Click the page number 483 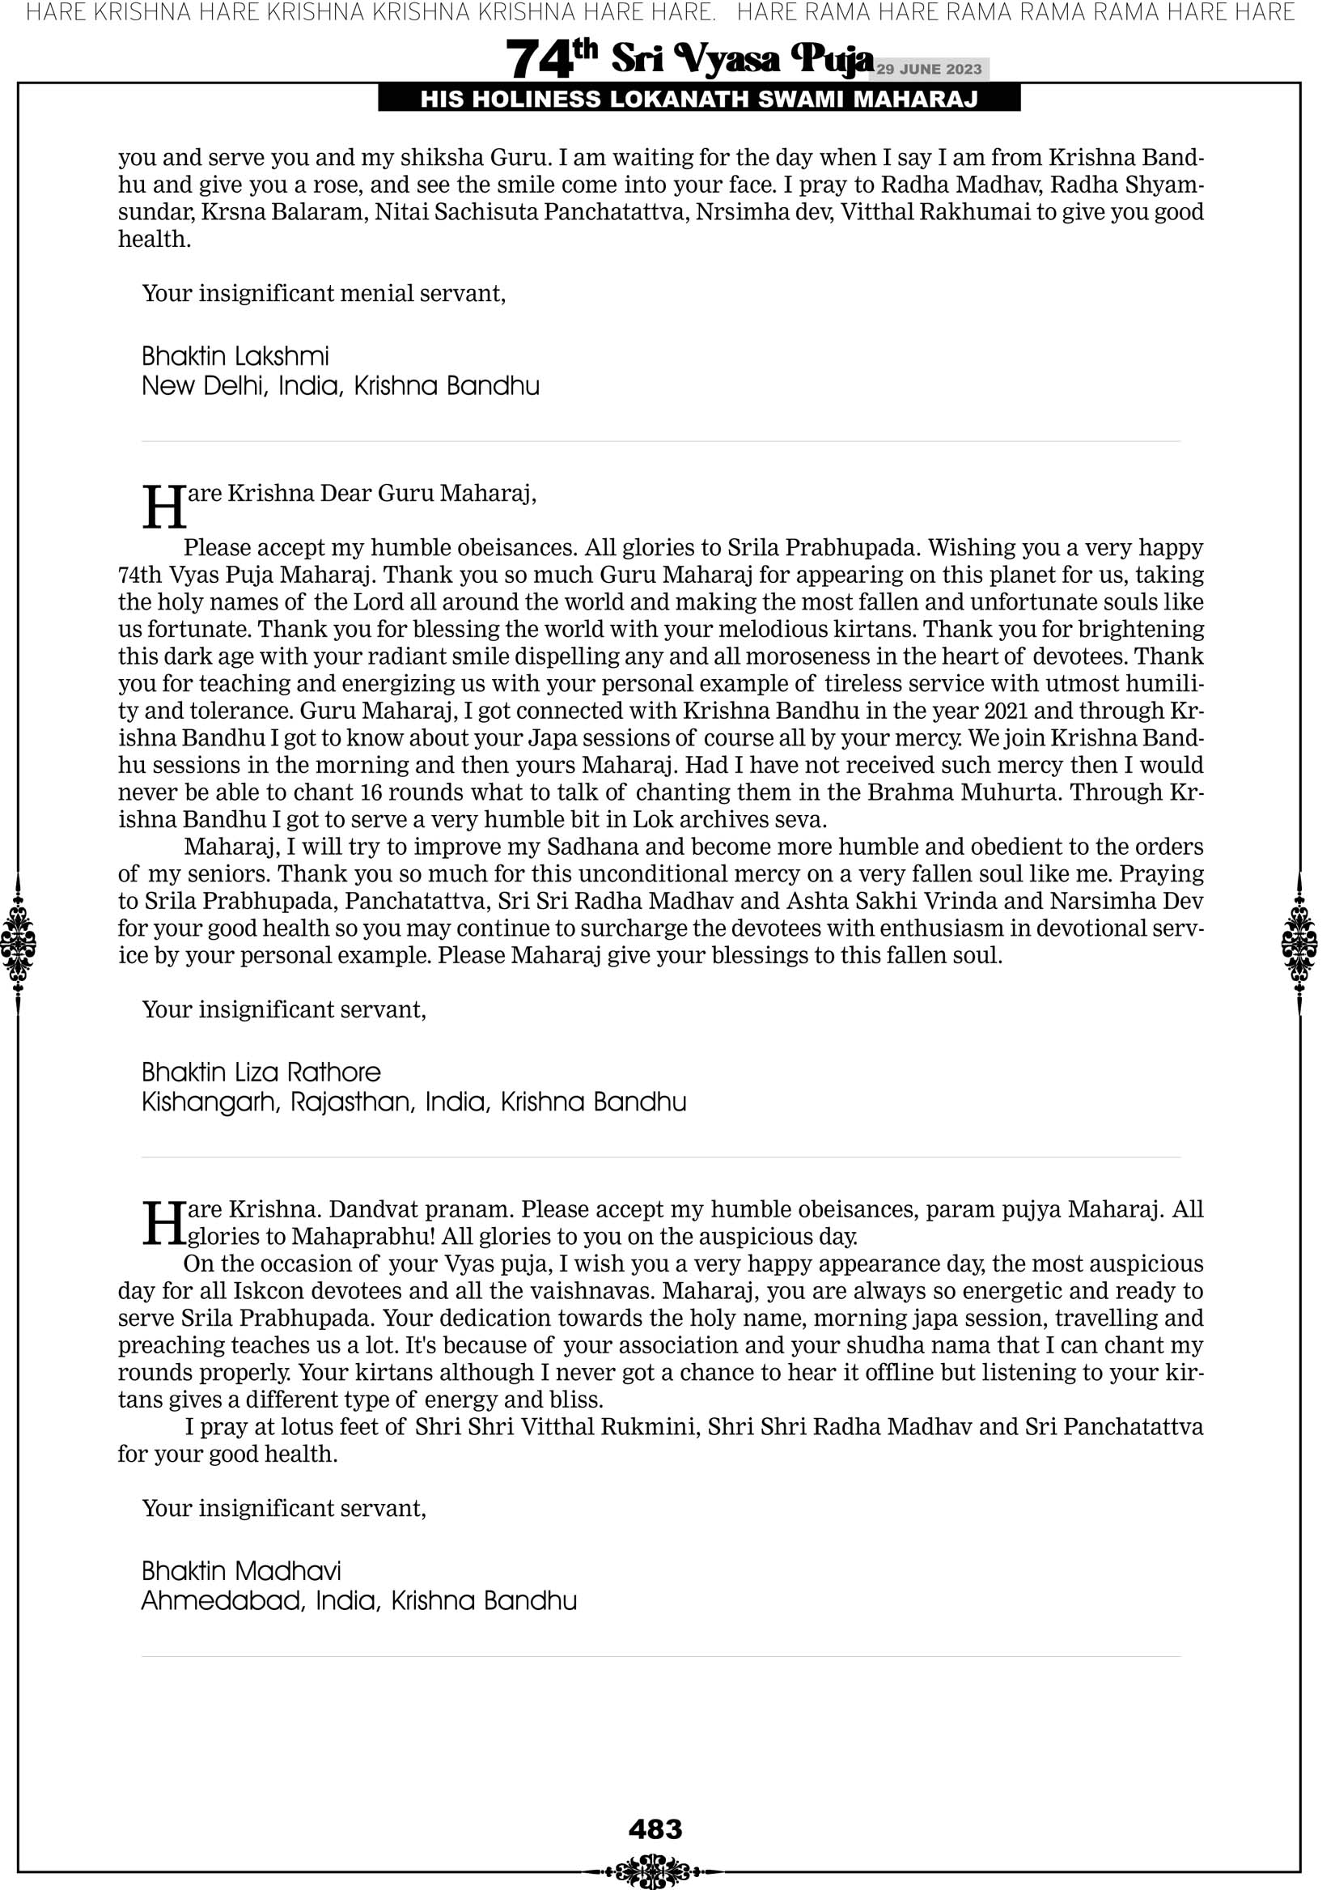[x=655, y=1828]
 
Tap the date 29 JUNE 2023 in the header [x=928, y=69]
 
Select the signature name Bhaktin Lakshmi [x=235, y=356]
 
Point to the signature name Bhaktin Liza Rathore [x=261, y=1072]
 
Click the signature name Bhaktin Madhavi [x=241, y=1571]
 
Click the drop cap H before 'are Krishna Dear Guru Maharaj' [x=163, y=508]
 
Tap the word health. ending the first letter [x=154, y=239]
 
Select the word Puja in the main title [x=831, y=59]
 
